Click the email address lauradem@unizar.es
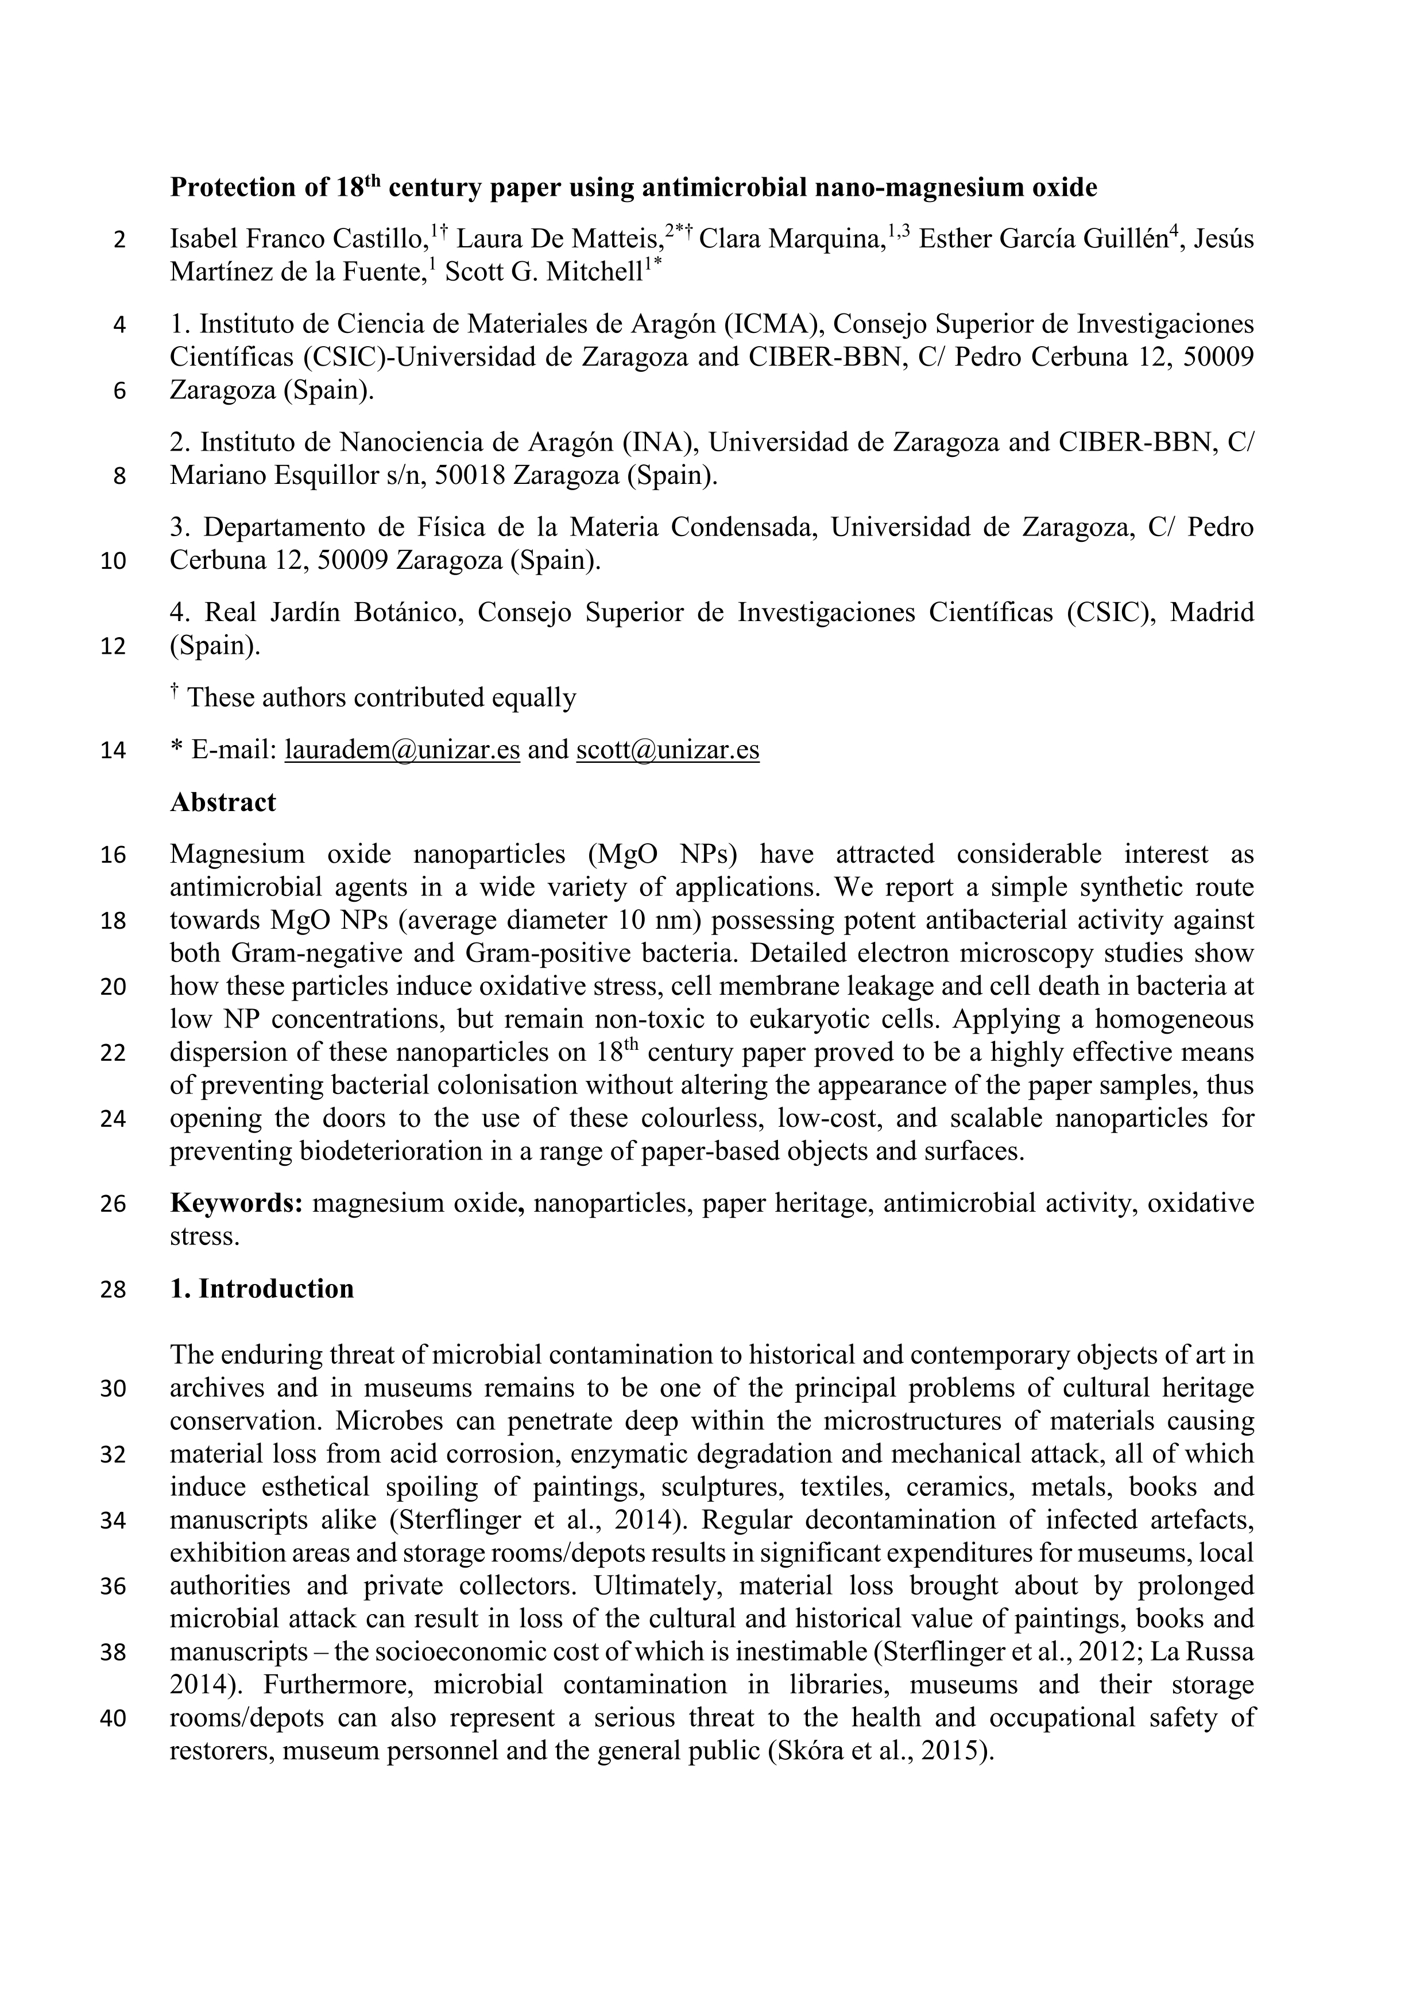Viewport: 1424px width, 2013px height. tap(403, 750)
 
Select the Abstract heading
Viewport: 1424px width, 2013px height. tap(223, 802)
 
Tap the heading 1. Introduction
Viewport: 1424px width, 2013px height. tap(262, 1289)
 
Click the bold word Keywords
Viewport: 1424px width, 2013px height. tap(236, 1203)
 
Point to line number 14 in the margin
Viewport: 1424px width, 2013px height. tap(113, 751)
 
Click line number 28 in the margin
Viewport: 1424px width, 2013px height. tap(113, 1290)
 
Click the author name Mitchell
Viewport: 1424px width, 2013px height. tap(595, 273)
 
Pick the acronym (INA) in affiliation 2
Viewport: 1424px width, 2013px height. tap(657, 443)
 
